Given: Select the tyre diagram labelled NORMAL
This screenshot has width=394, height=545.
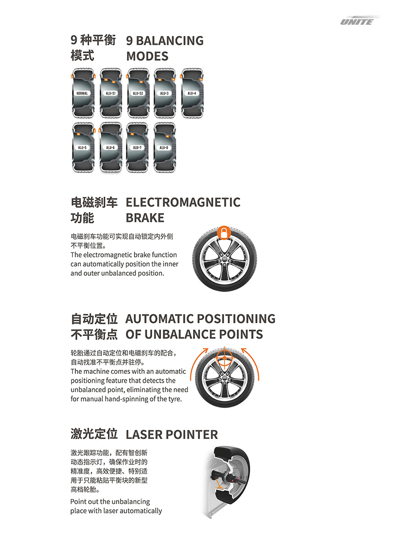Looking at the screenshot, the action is pyautogui.click(x=83, y=93).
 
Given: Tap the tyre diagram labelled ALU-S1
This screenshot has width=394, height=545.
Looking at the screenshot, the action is pyautogui.click(x=111, y=93).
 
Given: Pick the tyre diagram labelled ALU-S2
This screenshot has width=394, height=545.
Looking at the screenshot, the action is pyautogui.click(x=138, y=93).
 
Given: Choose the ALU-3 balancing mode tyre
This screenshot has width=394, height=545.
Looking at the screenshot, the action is pyautogui.click(x=164, y=93).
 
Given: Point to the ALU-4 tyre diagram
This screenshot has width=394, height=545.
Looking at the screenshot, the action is pyautogui.click(x=192, y=93).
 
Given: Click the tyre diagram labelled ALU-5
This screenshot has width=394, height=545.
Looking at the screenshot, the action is pyautogui.click(x=83, y=147).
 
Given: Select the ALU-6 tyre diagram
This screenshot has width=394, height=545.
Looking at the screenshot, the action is pyautogui.click(x=110, y=147).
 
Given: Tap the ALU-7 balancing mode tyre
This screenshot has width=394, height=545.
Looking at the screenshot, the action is pyautogui.click(x=137, y=147).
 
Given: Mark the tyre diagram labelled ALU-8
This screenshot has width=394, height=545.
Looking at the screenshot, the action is pyautogui.click(x=164, y=147).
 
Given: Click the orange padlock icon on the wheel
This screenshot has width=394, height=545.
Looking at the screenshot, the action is pyautogui.click(x=224, y=232).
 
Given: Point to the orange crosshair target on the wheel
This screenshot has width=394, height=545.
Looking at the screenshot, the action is pyautogui.click(x=225, y=358).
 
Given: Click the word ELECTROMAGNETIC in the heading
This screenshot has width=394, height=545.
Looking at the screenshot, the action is pyautogui.click(x=183, y=202).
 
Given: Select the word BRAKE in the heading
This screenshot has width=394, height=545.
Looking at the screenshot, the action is pyautogui.click(x=145, y=218).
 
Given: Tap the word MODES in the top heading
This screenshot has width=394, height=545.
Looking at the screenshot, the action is pyautogui.click(x=147, y=56).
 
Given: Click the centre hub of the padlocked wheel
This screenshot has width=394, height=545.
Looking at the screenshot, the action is pyautogui.click(x=224, y=259).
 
